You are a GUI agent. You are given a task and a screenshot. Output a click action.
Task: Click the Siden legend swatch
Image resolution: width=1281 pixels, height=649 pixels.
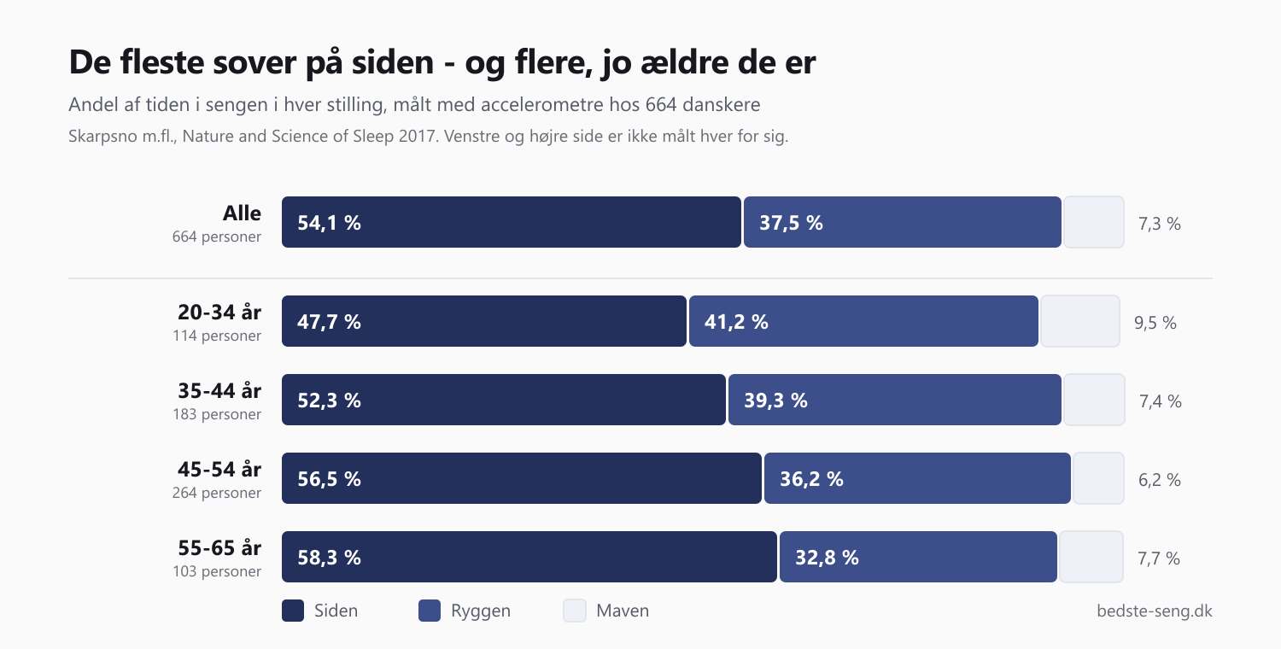[x=293, y=610]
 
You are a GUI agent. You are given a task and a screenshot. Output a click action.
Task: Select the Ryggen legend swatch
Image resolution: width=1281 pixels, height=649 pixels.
[x=430, y=610]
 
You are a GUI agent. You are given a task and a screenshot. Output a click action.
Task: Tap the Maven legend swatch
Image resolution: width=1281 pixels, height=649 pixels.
[x=575, y=610]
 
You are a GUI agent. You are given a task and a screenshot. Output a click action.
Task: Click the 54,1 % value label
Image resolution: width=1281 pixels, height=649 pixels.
[x=329, y=222]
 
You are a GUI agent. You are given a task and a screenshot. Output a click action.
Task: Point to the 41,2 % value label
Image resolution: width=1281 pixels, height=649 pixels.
[x=736, y=322]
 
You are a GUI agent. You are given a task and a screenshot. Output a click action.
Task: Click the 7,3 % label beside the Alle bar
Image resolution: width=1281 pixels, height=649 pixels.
[x=1159, y=224]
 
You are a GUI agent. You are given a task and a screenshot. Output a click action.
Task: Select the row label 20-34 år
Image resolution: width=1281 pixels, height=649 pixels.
[x=219, y=313]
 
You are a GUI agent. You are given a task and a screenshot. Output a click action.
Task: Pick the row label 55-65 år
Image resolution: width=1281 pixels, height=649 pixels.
[x=219, y=547]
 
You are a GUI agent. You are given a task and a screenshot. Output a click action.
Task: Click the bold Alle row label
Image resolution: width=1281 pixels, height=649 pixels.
[x=242, y=213]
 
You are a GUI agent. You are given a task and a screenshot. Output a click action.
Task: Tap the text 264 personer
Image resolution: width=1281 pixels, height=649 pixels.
[x=217, y=493]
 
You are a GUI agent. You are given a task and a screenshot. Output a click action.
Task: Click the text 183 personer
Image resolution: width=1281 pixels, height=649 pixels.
[x=217, y=414]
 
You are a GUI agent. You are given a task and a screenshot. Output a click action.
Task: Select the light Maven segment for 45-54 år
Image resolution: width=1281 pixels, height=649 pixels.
[x=1098, y=478]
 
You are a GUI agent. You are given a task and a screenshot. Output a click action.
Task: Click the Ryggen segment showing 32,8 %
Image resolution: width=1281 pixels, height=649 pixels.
[x=918, y=557]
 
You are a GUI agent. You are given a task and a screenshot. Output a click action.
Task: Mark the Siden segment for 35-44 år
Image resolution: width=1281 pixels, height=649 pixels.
[x=503, y=400]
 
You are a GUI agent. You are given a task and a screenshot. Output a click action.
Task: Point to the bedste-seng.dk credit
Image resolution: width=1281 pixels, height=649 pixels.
[x=1154, y=611]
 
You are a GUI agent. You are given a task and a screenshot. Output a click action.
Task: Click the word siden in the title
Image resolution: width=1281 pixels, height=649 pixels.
[x=392, y=61]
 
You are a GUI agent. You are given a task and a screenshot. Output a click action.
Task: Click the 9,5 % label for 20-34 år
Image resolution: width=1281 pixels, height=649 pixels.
[x=1155, y=323]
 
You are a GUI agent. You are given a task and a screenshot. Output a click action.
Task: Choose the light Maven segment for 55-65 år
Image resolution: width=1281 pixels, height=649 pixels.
[x=1091, y=557]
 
